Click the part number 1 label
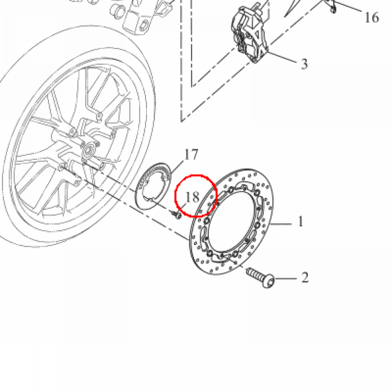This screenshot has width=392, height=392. tap(301, 222)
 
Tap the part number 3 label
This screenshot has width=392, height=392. tap(304, 64)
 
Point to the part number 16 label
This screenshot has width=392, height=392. tap(371, 18)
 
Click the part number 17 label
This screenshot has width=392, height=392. tap(191, 155)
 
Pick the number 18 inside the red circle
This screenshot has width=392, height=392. tap(193, 197)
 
